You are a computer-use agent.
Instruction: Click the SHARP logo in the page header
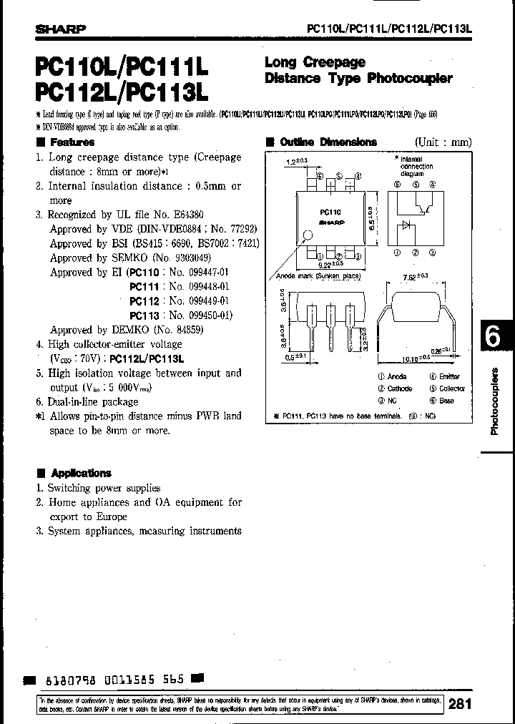pos(61,29)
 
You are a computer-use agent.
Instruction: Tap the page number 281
pos(460,703)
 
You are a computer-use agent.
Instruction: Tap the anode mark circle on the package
pos(308,235)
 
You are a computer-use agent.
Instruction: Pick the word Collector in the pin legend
pos(451,388)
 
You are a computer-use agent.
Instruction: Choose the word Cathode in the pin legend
pos(399,388)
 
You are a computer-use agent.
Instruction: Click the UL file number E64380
pos(188,215)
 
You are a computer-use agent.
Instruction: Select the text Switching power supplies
pos(104,488)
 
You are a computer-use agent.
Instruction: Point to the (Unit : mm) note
pos(443,142)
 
